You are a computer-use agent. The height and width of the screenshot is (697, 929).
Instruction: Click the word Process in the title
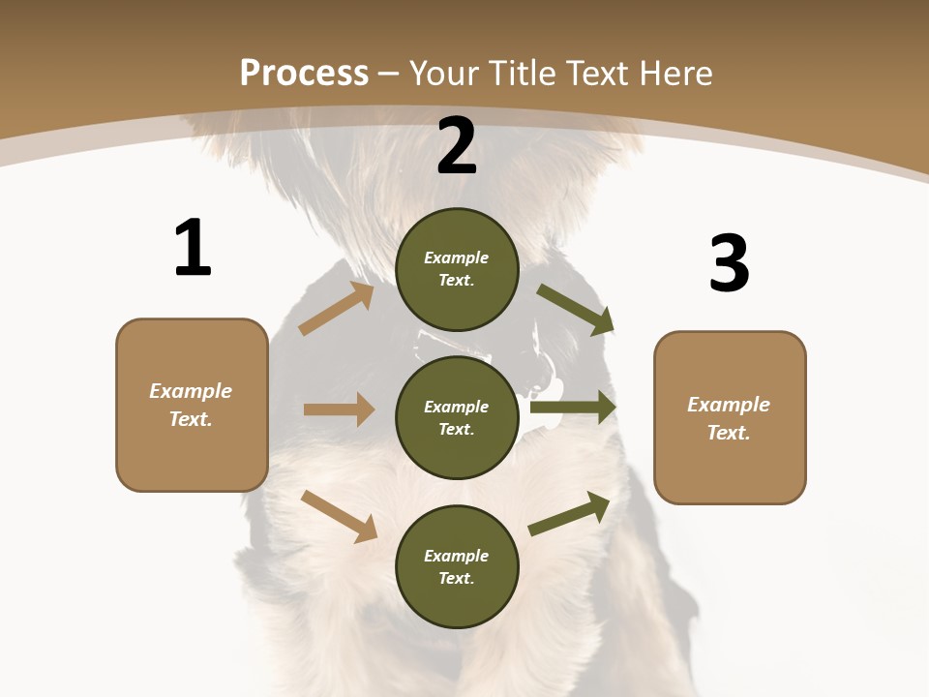(x=304, y=73)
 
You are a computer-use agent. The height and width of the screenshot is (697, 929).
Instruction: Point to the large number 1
(x=193, y=248)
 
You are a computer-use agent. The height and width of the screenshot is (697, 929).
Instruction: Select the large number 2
(x=457, y=146)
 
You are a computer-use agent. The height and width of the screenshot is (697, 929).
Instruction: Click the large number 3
(x=729, y=263)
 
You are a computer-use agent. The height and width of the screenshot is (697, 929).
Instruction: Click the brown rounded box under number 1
(x=192, y=405)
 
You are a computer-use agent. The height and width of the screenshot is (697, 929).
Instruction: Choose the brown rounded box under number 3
(x=730, y=417)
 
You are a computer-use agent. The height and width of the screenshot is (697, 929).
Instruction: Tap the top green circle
(x=457, y=269)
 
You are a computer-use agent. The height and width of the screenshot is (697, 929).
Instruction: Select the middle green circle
(x=457, y=417)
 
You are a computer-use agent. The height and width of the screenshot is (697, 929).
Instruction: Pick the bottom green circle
(x=457, y=566)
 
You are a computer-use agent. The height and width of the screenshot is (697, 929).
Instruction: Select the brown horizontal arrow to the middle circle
(x=339, y=409)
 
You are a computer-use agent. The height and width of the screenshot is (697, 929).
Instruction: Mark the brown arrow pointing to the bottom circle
(x=339, y=516)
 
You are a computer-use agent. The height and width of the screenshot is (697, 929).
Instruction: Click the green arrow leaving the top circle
(x=576, y=310)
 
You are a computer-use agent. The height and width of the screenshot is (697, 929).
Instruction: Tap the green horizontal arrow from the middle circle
(x=573, y=408)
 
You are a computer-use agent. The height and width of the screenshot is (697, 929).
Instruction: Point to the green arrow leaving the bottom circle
(x=569, y=513)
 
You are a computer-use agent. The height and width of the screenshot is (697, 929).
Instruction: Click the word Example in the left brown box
(x=191, y=391)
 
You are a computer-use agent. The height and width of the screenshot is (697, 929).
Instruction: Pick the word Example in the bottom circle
(x=457, y=556)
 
